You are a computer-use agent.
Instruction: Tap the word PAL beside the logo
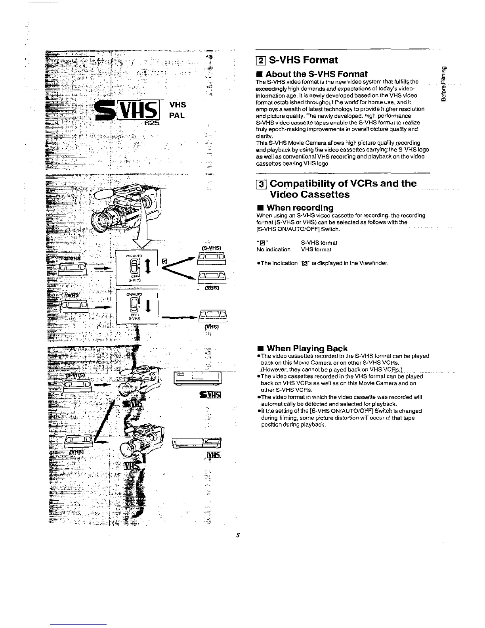[178, 117]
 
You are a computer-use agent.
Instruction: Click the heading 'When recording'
[300, 208]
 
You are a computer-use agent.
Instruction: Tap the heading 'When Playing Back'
[307, 348]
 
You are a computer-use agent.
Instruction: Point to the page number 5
[238, 535]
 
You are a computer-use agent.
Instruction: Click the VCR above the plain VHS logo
[197, 442]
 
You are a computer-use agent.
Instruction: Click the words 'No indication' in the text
[273, 250]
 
